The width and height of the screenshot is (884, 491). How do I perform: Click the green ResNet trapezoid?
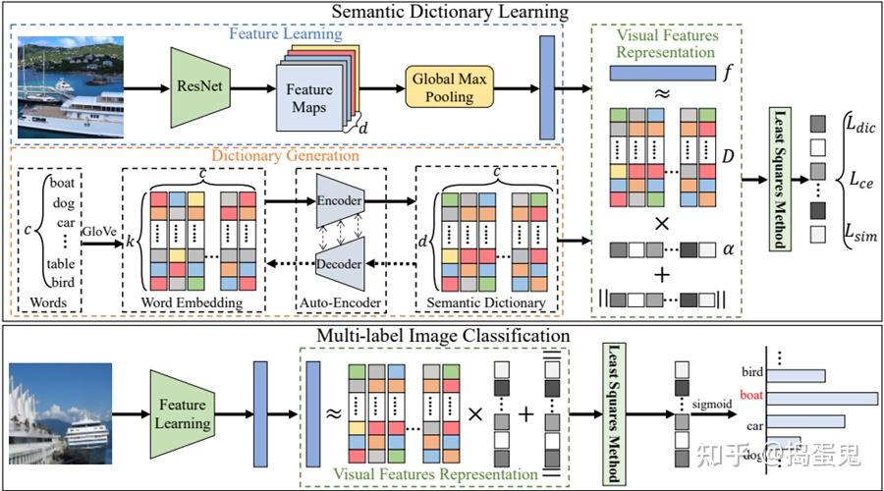(x=200, y=87)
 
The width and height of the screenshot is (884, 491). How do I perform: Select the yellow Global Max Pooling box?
(x=449, y=87)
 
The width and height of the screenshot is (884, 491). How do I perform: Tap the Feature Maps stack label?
(x=309, y=98)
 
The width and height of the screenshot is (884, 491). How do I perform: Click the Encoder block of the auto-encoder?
(x=340, y=200)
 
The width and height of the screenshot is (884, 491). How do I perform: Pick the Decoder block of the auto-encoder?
(x=340, y=264)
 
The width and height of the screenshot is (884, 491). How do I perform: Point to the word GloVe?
(x=99, y=231)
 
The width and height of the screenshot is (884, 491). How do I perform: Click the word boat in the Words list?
(x=62, y=183)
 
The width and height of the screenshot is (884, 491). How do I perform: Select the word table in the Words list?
(x=60, y=263)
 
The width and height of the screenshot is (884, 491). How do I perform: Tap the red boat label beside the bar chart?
(x=751, y=395)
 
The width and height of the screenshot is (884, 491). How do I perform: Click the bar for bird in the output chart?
(x=796, y=375)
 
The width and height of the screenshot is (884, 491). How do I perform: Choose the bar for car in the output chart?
(x=805, y=421)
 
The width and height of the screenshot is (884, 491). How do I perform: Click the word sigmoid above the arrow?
(x=712, y=405)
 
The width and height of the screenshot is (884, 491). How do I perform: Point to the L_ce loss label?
(x=861, y=181)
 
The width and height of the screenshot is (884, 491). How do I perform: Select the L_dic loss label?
(x=860, y=125)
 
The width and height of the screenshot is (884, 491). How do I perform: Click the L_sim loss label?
(x=860, y=233)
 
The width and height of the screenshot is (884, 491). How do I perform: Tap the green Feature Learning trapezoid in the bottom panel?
(x=182, y=413)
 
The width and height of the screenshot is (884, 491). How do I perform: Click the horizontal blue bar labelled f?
(x=662, y=74)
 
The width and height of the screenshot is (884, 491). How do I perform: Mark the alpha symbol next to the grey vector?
(x=729, y=249)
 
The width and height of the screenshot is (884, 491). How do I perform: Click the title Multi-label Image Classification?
(x=443, y=336)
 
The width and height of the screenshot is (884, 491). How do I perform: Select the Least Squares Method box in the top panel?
(x=780, y=179)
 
